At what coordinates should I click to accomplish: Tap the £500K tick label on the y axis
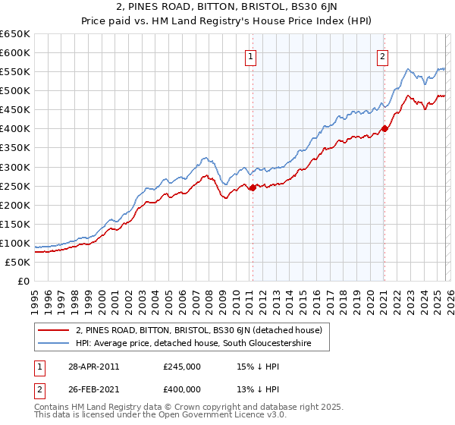(x=14, y=91)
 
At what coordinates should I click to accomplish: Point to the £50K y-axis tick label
(x=17, y=262)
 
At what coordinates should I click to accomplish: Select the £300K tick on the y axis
(x=14, y=167)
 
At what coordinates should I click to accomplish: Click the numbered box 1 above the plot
(x=250, y=55)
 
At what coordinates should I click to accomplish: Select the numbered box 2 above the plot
(x=383, y=55)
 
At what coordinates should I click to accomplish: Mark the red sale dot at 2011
(x=253, y=187)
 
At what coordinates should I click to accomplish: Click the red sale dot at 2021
(x=384, y=128)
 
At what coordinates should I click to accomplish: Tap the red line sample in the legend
(x=54, y=330)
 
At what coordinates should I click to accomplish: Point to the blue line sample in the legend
(x=54, y=344)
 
